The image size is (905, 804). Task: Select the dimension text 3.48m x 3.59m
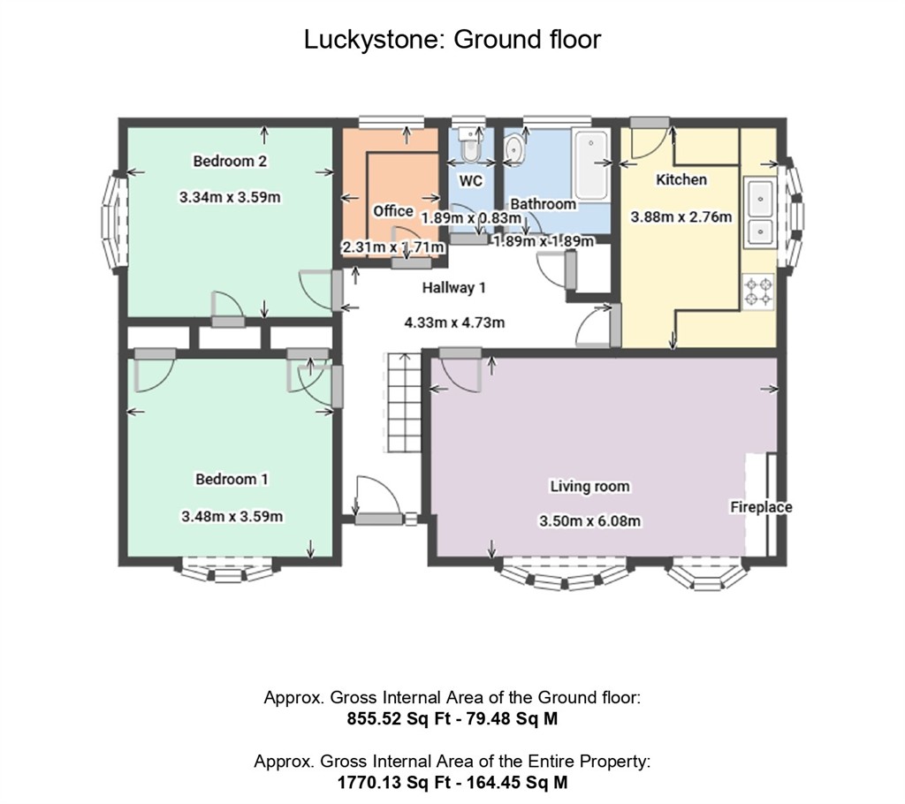point(232,516)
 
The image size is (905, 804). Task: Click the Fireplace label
point(760,507)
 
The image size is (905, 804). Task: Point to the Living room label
point(589,486)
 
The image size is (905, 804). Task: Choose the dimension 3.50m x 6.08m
point(589,521)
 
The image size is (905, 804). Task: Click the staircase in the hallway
point(400,402)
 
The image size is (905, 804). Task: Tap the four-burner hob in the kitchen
point(758,292)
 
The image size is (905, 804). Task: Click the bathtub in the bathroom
point(590,164)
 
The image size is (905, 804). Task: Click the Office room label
point(392,211)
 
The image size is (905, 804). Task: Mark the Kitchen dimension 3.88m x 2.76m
point(681,216)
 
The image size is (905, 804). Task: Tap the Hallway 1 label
point(453,287)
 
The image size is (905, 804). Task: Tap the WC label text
point(471,180)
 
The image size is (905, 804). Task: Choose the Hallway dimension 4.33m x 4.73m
point(454,322)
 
